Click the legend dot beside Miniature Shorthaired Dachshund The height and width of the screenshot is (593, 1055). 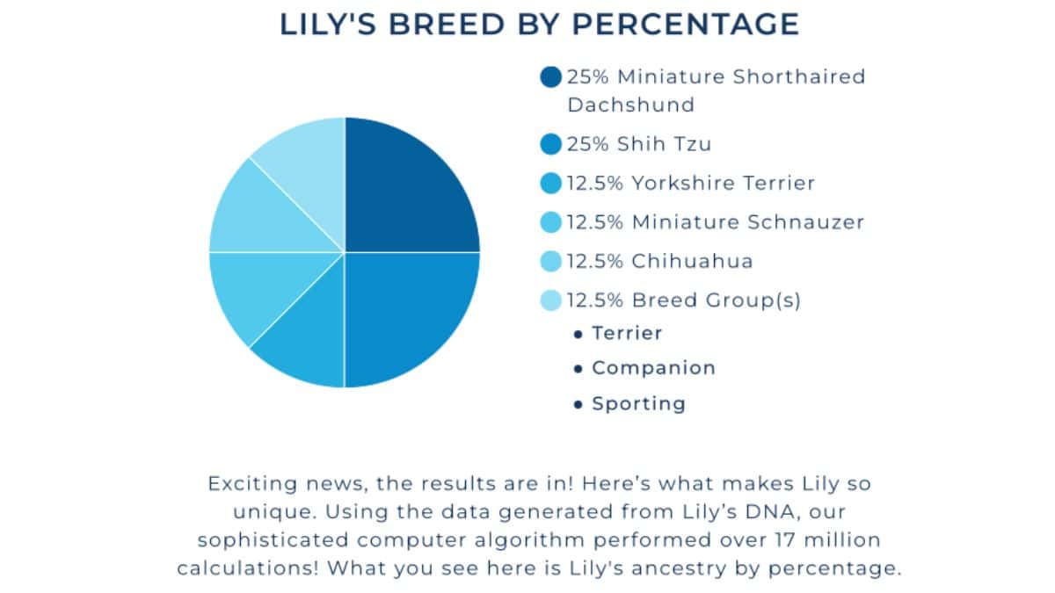coord(551,77)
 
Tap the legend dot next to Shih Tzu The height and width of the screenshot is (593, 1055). coord(551,144)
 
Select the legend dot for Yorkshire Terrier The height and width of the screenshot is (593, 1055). coord(551,184)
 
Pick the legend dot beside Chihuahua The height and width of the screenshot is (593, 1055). coord(551,261)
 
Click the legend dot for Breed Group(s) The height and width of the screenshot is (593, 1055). coord(551,300)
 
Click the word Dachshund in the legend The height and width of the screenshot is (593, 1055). coord(630,105)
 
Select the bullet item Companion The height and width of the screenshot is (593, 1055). coord(653,368)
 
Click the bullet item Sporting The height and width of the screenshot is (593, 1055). coord(638,404)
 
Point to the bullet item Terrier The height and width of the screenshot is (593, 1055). coord(627,334)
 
